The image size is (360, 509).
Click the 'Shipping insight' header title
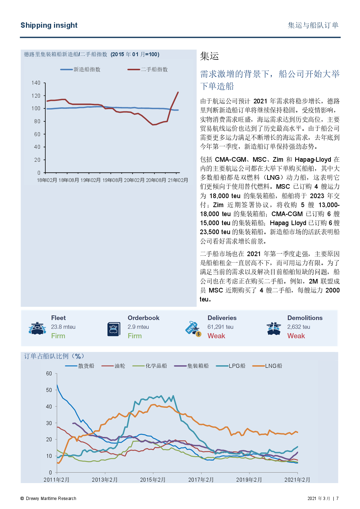point(49,25)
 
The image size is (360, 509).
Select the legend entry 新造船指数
point(80,69)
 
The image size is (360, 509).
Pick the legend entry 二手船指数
point(147,69)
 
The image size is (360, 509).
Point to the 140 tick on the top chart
point(36,83)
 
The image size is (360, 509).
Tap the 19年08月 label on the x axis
point(112,180)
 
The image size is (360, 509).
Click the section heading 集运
point(209,56)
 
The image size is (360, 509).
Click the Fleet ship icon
point(37,328)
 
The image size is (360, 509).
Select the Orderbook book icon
point(113,329)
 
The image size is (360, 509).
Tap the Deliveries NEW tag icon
point(193,329)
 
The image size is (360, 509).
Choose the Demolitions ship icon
point(274,329)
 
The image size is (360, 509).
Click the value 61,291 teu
point(220,327)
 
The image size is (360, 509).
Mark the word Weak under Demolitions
point(296,336)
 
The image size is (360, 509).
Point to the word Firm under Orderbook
point(135,336)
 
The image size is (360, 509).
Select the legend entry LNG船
point(267,366)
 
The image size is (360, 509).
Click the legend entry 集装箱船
point(191,366)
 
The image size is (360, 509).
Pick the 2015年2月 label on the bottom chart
point(153,480)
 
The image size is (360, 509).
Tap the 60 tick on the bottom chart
point(49,374)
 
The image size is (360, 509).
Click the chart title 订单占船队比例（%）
point(54,356)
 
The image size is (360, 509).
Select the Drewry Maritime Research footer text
point(48,498)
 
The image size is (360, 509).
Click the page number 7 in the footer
point(337,498)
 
